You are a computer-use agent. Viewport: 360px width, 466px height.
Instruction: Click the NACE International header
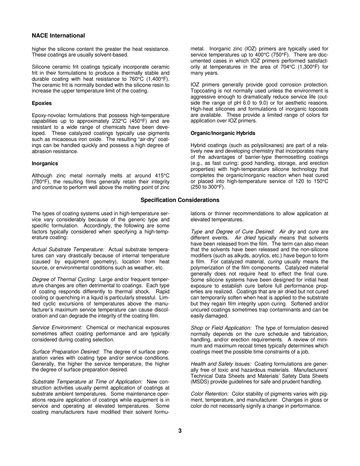coord(58,36)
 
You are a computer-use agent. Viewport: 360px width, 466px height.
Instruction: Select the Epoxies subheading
coord(42,103)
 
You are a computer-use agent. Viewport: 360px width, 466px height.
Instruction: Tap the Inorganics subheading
coord(45,163)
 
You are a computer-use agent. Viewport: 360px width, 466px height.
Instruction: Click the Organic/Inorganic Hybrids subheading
coord(223,133)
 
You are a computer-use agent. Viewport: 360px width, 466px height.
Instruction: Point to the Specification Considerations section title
coord(180,200)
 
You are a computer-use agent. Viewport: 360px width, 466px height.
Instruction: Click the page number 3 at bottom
coord(180,430)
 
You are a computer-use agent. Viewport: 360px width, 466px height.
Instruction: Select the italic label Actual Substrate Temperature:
coord(68,249)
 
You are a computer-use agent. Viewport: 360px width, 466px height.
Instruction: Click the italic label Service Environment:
coord(57,327)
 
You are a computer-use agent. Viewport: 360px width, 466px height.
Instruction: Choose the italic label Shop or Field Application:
coord(221,328)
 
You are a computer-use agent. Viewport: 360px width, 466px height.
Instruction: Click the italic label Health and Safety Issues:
coord(221,364)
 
